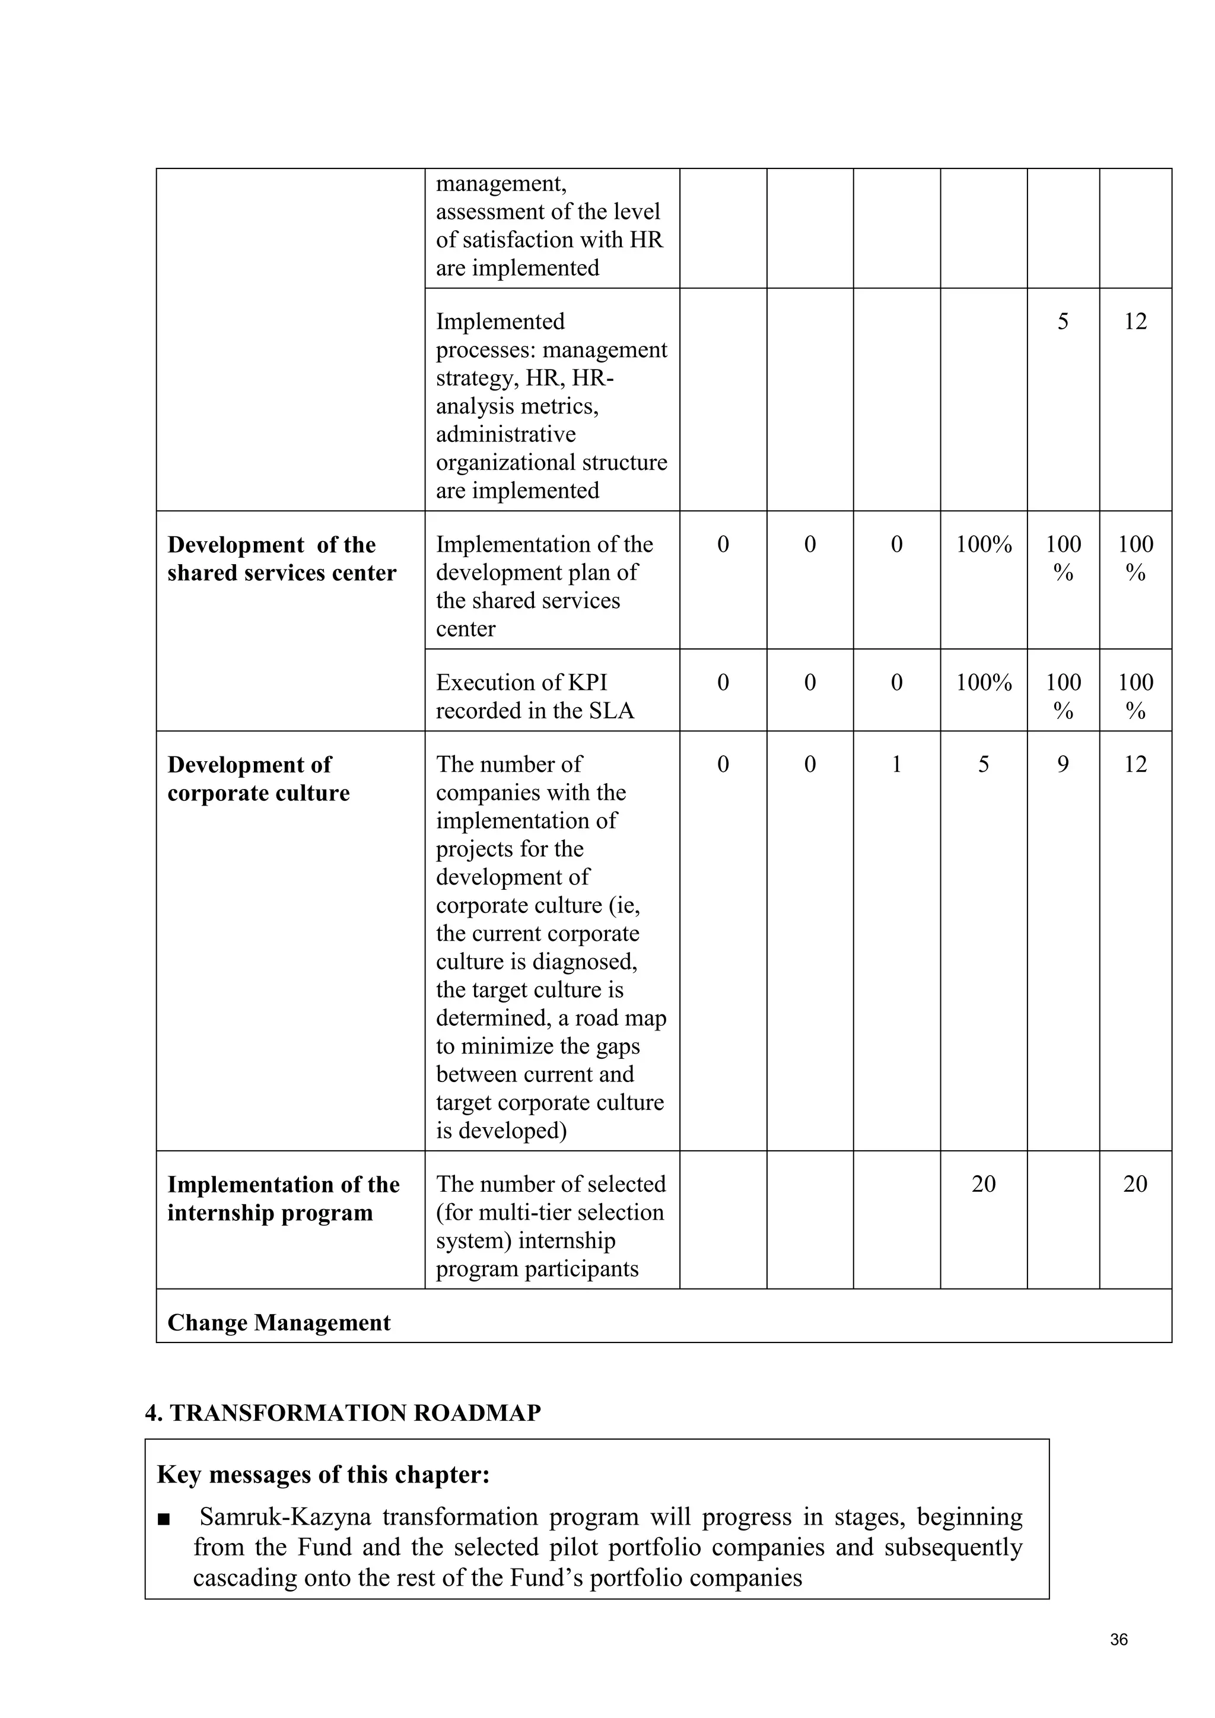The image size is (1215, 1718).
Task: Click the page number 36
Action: (x=1118, y=1640)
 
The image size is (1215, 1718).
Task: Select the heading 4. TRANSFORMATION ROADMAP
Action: (x=343, y=1412)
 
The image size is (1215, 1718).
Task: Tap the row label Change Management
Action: (x=278, y=1322)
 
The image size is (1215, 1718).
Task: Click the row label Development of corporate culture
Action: (x=258, y=778)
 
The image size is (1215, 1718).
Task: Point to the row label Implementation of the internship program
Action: (x=283, y=1198)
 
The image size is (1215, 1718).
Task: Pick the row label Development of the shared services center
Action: (x=281, y=558)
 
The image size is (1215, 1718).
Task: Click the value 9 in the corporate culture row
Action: (x=1063, y=764)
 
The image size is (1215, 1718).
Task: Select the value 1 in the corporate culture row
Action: (x=896, y=764)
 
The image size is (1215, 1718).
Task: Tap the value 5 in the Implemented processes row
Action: (x=1063, y=321)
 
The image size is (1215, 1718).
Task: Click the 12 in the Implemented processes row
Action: (x=1135, y=321)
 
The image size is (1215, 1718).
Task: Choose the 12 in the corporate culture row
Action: (x=1135, y=764)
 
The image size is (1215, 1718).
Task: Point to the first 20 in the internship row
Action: (x=983, y=1183)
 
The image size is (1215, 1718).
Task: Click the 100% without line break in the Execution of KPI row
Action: (x=983, y=682)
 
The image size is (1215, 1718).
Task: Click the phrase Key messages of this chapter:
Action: (x=323, y=1475)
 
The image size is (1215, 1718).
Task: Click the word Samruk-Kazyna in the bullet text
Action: (x=285, y=1517)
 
